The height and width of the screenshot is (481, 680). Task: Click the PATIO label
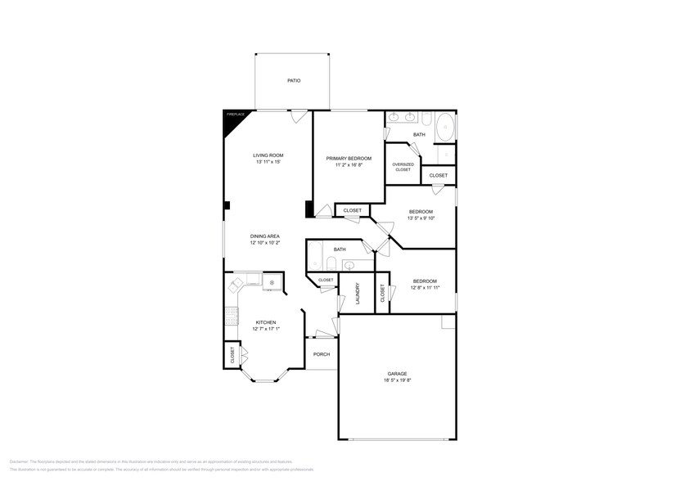point(294,81)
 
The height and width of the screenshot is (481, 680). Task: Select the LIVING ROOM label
point(268,155)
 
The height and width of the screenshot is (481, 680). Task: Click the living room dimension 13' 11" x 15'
point(268,162)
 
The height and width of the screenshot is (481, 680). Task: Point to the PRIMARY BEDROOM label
point(349,158)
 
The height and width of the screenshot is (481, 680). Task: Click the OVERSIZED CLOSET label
point(403,166)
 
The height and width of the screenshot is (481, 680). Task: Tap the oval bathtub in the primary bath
point(445,128)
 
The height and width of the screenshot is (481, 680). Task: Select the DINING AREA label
point(265,236)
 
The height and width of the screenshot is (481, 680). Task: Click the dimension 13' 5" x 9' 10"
point(421,218)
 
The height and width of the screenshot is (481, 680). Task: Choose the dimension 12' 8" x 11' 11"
point(425,287)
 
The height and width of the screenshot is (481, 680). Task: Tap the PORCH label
point(322,354)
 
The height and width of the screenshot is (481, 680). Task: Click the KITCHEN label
point(266,322)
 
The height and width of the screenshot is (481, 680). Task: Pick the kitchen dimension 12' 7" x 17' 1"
point(266,329)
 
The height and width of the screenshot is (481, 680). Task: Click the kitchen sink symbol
point(272,283)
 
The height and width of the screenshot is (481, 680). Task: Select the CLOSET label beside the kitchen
point(232,355)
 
